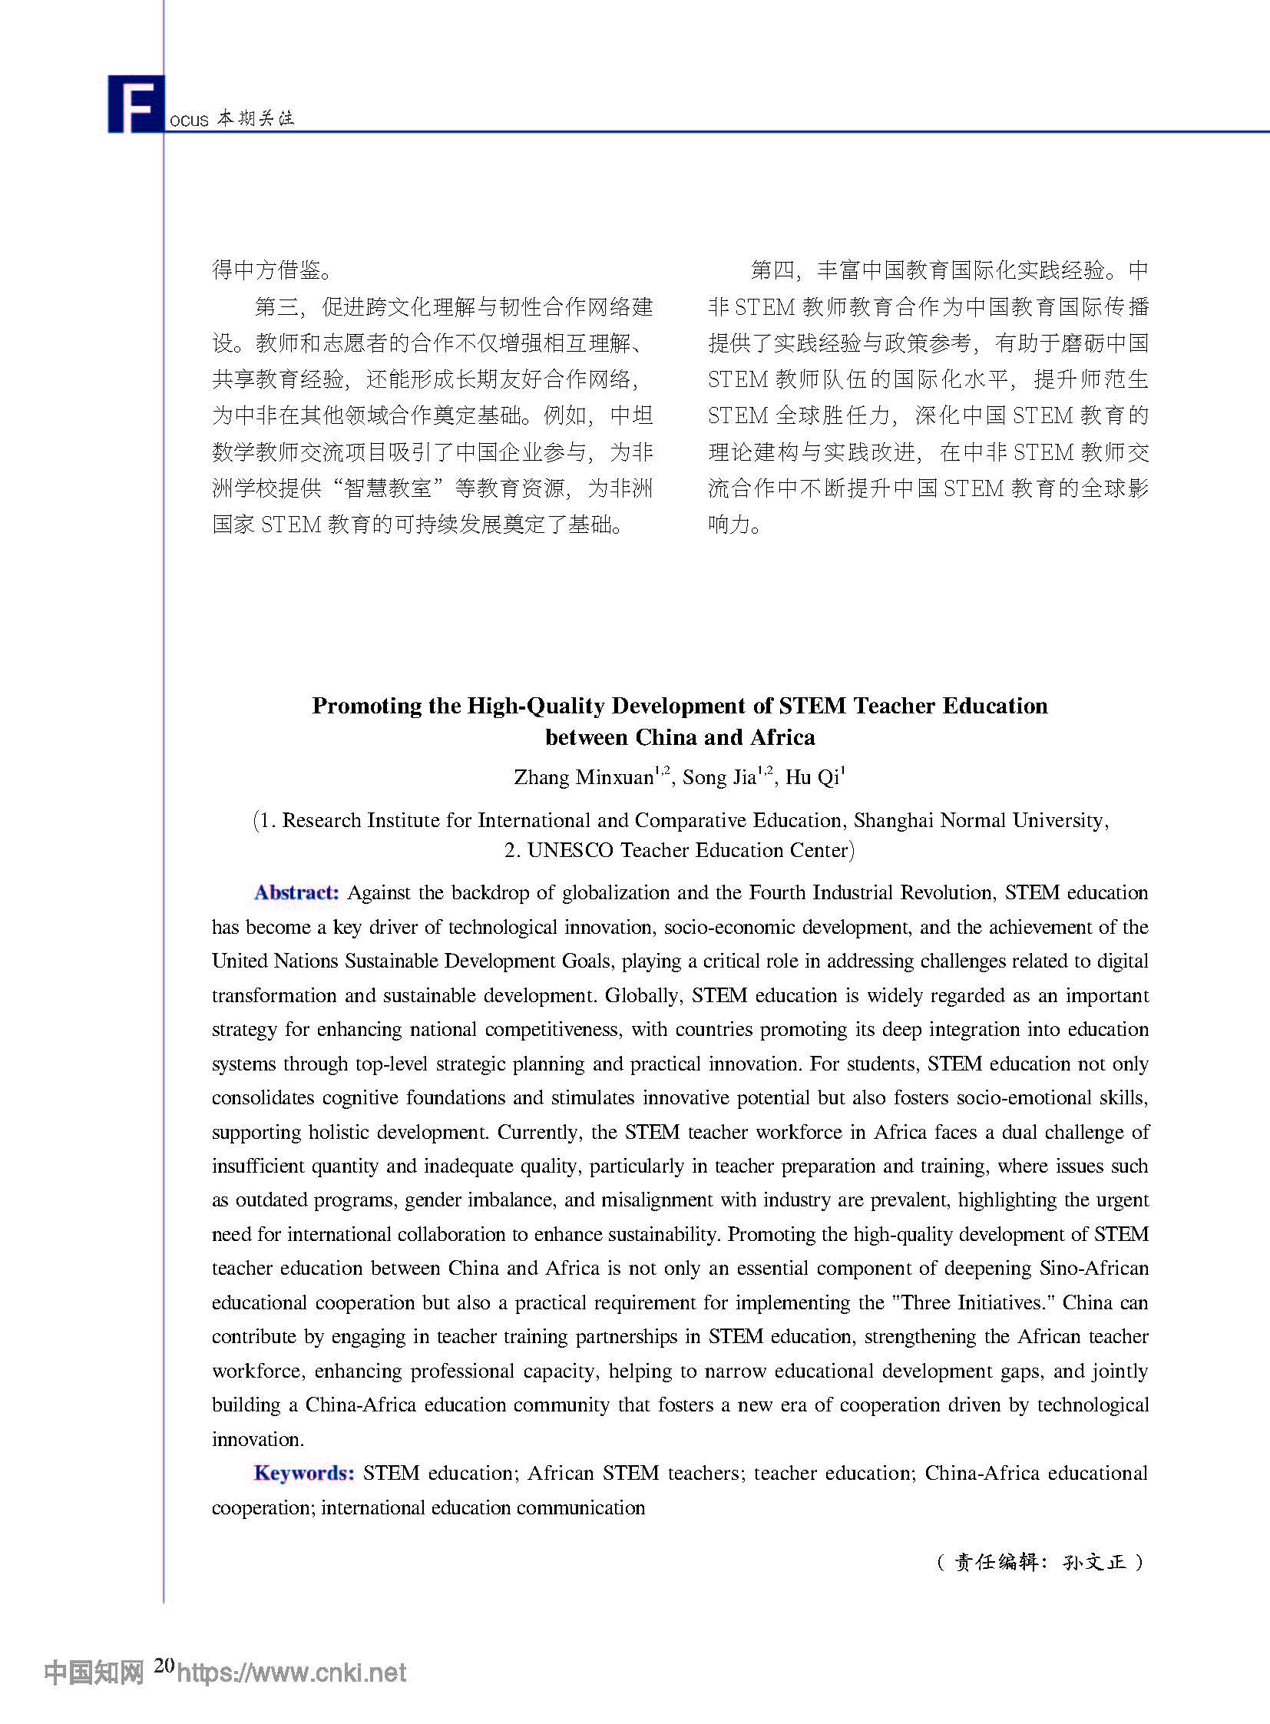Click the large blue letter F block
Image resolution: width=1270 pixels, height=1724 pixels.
click(x=136, y=104)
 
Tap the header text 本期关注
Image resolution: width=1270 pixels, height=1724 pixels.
click(x=255, y=118)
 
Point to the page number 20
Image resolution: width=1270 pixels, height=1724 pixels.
click(x=164, y=1665)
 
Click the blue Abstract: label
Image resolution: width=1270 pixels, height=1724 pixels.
click(x=296, y=893)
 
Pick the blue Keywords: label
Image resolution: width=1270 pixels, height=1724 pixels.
click(x=303, y=1474)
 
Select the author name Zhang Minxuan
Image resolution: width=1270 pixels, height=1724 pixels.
click(x=583, y=778)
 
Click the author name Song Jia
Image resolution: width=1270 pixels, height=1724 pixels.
click(x=719, y=778)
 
